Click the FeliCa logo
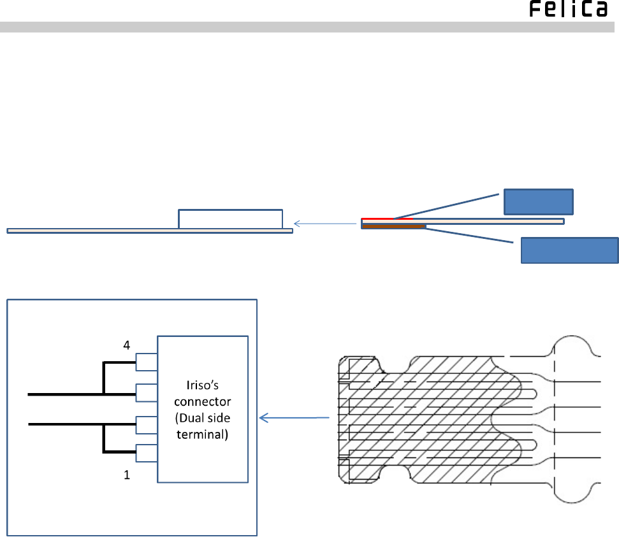[568, 9]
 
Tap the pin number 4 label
[126, 345]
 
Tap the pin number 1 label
[127, 475]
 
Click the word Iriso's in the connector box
[202, 385]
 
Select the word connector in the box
[203, 401]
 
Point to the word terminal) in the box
[203, 434]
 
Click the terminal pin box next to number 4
[147, 362]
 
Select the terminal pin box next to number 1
[147, 454]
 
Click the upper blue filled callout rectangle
[539, 202]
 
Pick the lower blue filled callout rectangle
[570, 250]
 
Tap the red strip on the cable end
[387, 218]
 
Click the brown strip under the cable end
[394, 227]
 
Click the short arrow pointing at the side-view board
[325, 224]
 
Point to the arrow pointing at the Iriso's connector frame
[294, 418]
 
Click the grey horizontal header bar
[307, 27]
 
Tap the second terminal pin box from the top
[147, 393]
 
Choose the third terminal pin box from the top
[147, 425]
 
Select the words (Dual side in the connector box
[203, 418]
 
